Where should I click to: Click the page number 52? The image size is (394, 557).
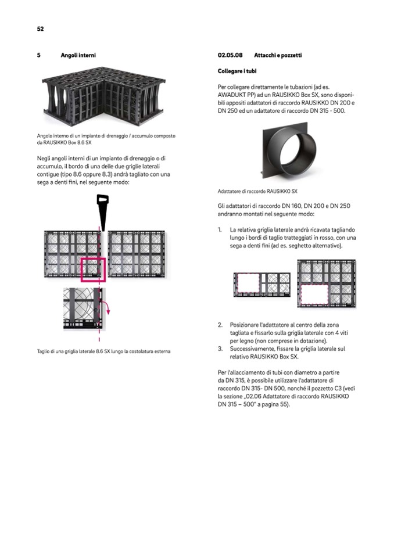[x=40, y=28]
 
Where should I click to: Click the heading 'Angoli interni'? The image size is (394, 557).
[x=78, y=55]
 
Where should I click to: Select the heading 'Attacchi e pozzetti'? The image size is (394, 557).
[x=277, y=55]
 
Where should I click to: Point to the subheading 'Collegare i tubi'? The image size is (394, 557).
[x=237, y=71]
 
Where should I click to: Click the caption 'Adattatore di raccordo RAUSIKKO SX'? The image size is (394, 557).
[x=257, y=191]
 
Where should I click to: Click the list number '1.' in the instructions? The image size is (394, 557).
[x=220, y=229]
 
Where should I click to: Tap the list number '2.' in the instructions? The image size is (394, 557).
[x=220, y=325]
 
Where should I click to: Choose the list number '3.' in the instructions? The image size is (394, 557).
[x=220, y=348]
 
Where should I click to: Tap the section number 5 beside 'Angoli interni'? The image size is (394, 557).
[x=38, y=55]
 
